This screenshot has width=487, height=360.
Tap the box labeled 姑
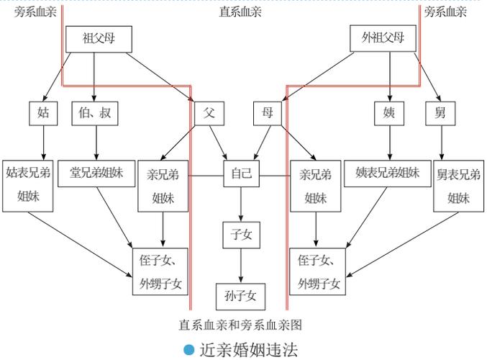(43, 113)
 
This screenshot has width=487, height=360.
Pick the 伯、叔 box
(94, 113)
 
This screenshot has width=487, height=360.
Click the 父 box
(209, 113)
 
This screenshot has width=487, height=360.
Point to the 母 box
(268, 113)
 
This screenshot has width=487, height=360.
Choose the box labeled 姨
(389, 113)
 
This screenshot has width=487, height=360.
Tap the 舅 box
(440, 113)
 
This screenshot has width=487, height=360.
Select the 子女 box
(241, 235)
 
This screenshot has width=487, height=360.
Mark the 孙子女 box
(241, 295)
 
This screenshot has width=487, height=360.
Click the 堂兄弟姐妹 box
(96, 173)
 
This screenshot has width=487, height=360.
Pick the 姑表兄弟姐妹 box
(28, 185)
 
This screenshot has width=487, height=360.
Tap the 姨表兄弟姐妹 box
(388, 173)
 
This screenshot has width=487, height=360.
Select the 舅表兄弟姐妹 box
(459, 185)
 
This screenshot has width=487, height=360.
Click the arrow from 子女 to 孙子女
(241, 266)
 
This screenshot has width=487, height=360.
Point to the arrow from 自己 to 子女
(241, 205)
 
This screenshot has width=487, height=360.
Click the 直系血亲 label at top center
(240, 12)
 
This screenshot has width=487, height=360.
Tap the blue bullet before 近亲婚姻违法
(189, 350)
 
